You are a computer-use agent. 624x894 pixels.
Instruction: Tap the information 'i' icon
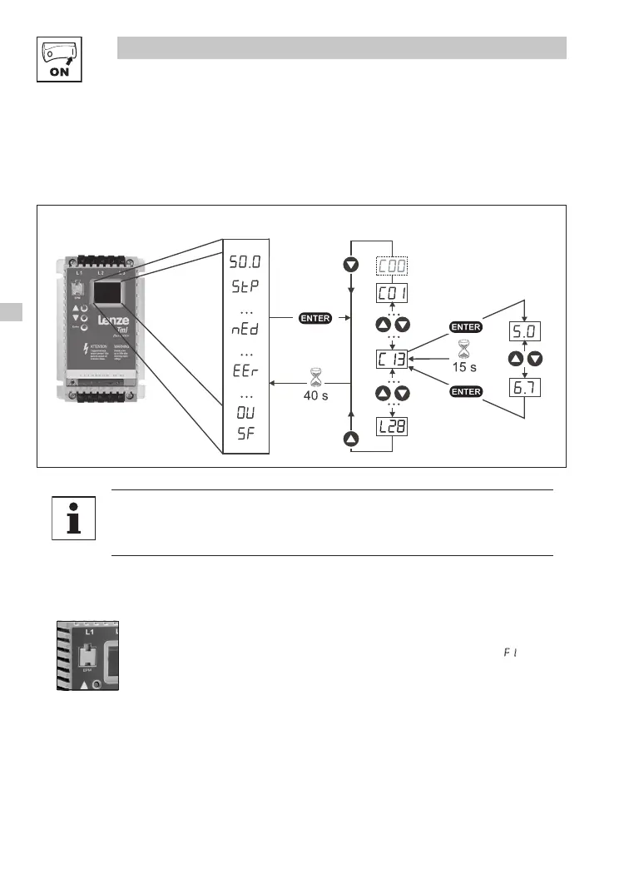tap(73, 518)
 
